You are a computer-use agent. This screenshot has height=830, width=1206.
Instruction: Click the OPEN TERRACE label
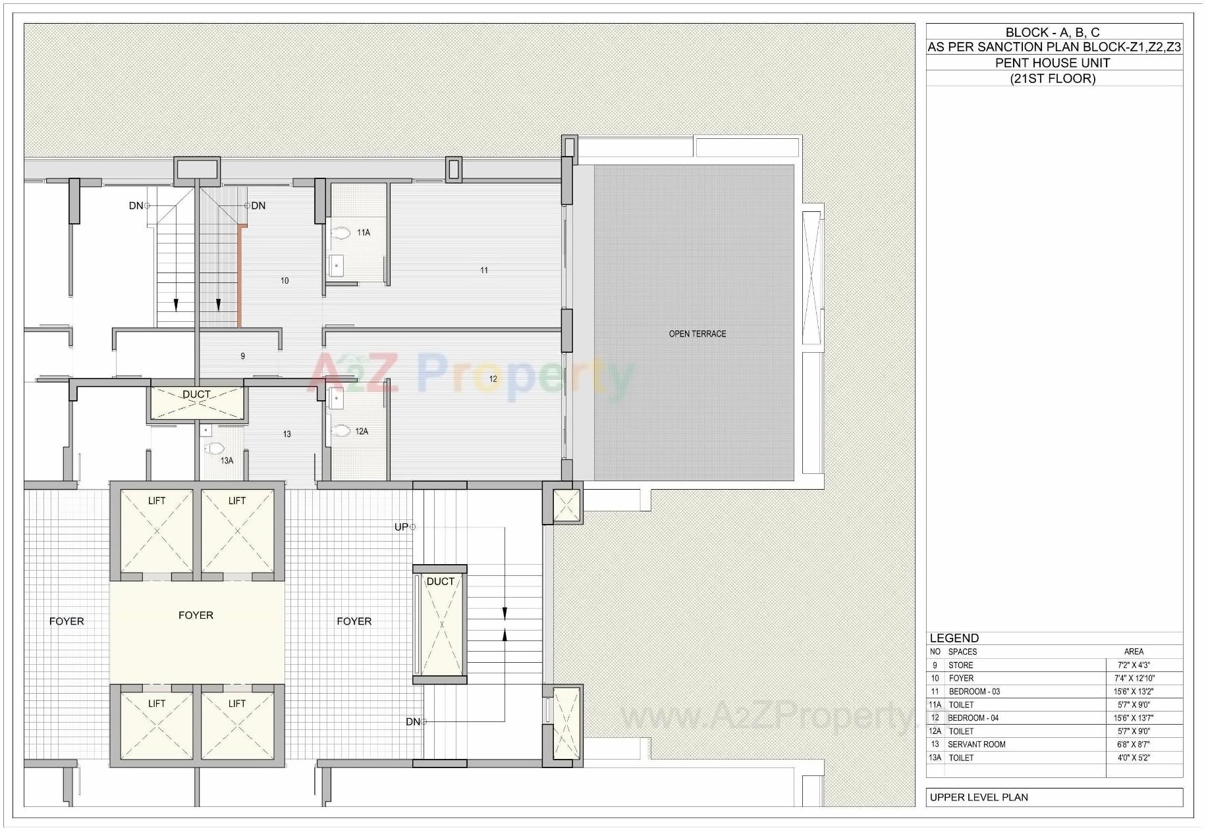[x=697, y=334]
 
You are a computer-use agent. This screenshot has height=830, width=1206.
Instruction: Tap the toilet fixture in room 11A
[x=341, y=233]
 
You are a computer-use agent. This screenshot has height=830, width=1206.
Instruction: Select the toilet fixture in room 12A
[x=341, y=431]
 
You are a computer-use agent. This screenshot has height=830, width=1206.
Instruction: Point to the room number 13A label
[x=227, y=461]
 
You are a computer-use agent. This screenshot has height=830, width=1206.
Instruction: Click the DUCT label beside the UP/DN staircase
[x=440, y=581]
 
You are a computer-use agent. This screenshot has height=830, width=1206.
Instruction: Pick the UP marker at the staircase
[x=401, y=527]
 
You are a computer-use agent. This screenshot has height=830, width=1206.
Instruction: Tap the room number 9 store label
[x=242, y=356]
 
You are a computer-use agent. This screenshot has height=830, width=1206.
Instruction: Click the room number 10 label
[x=285, y=280]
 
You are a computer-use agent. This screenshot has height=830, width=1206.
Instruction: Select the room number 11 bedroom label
[x=484, y=270]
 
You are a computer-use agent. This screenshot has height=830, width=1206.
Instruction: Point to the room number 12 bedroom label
[x=493, y=378]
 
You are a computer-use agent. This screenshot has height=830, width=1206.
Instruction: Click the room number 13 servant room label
[x=287, y=434]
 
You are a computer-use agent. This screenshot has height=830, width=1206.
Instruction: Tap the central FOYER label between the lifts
[x=196, y=615]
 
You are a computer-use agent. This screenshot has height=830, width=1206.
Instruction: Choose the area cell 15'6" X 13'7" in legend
[x=1134, y=718]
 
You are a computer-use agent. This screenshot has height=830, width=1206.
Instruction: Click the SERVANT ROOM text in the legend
[x=976, y=744]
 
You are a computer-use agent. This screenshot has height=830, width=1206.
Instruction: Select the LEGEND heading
[x=954, y=638]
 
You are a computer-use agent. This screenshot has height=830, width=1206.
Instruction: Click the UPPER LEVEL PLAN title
[x=978, y=797]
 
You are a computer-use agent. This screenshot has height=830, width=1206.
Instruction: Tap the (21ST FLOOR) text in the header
[x=1053, y=78]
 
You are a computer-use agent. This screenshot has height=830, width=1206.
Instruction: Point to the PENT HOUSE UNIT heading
[x=1052, y=63]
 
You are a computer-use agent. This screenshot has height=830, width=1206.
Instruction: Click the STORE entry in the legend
[x=960, y=665]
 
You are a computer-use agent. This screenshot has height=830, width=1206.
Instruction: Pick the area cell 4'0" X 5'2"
[x=1134, y=758]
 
